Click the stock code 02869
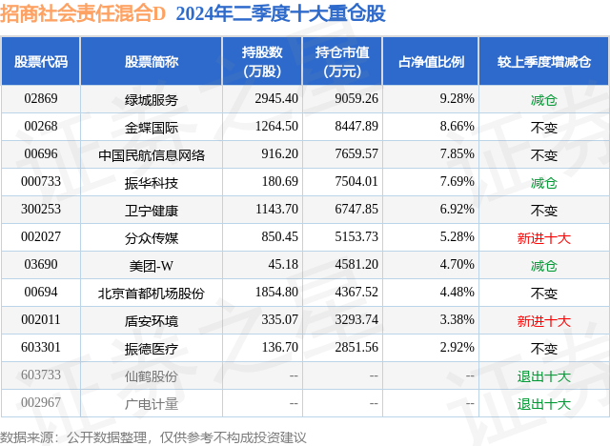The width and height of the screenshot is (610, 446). click(x=41, y=99)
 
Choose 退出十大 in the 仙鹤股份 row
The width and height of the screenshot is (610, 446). click(x=543, y=375)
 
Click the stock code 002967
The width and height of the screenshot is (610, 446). click(x=41, y=403)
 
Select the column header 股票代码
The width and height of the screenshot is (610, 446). click(x=41, y=61)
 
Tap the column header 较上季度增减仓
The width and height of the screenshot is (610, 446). click(x=543, y=61)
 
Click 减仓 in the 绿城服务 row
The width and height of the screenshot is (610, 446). click(x=543, y=99)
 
